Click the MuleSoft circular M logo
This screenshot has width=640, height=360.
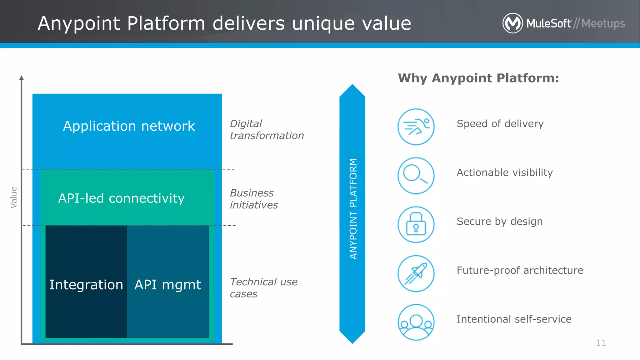coord(512,23)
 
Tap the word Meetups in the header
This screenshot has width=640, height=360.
coord(603,24)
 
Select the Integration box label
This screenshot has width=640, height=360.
coord(86,285)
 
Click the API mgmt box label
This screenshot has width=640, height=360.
coord(168,285)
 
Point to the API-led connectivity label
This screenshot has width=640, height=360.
coord(121,198)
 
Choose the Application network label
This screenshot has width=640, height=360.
coord(129,126)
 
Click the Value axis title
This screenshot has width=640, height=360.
coord(14,197)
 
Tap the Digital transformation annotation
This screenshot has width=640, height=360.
coord(267,130)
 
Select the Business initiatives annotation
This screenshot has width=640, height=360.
coord(254,199)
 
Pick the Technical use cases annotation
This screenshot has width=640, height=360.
coord(263,288)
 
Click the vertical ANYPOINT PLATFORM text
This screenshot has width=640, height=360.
coord(353,209)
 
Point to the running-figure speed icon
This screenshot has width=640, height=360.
coord(416,127)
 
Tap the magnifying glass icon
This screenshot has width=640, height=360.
coord(416,176)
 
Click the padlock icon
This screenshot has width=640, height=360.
coord(416,224)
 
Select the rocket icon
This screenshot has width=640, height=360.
coord(416,273)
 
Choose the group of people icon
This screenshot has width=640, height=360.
coord(416,322)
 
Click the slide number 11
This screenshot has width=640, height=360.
coord(601,343)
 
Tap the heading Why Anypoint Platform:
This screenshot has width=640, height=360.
coord(478,78)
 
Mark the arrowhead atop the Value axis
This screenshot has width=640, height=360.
coord(22,78)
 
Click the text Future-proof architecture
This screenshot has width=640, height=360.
coord(520,270)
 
